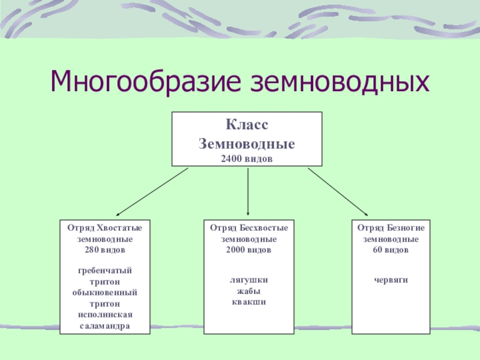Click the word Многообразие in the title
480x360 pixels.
click(141, 81)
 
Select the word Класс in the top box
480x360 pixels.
click(247, 125)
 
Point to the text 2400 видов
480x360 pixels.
click(247, 158)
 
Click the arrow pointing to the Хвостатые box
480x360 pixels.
click(152, 191)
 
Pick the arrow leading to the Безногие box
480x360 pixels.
click(338, 191)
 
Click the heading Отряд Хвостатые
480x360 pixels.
click(105, 229)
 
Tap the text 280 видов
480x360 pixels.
click(105, 249)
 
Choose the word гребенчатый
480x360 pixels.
click(105, 271)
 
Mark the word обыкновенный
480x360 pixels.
click(105, 292)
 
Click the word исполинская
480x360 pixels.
click(105, 314)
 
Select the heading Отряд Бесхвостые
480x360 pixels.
click(248, 229)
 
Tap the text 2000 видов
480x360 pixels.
click(248, 249)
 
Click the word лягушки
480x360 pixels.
click(248, 280)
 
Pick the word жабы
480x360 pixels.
click(248, 291)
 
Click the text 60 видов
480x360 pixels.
click(391, 249)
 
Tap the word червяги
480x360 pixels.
click(391, 280)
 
